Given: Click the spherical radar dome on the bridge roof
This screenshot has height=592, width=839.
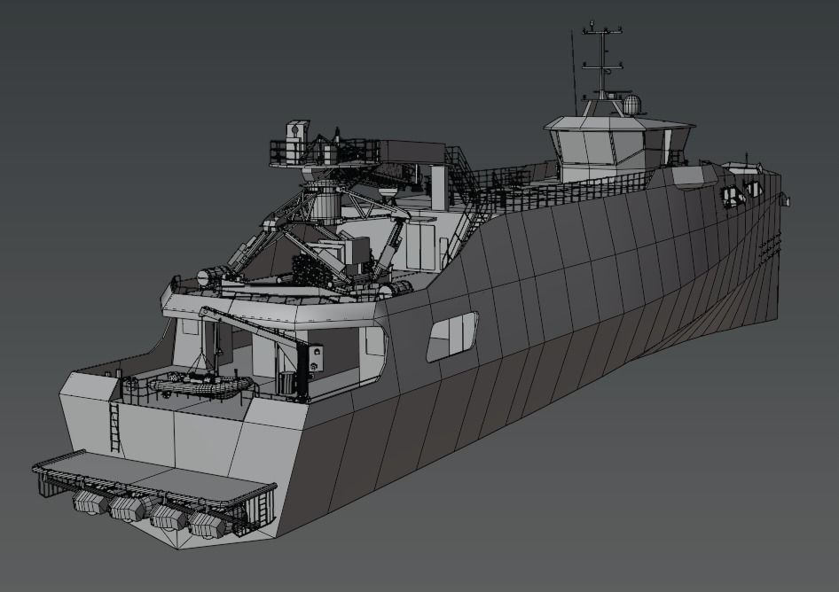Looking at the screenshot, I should click(x=631, y=105).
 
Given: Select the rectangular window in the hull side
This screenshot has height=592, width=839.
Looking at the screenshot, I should click(x=451, y=336).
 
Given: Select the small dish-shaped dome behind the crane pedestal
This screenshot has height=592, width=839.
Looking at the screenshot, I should click(x=388, y=190).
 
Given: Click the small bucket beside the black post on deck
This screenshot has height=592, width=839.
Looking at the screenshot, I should click(x=285, y=382).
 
